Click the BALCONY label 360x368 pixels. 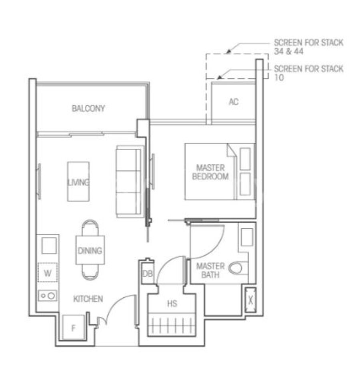pyautogui.click(x=88, y=108)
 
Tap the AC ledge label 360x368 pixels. pyautogui.click(x=234, y=102)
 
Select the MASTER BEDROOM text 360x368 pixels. pyautogui.click(x=210, y=172)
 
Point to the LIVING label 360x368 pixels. pyautogui.click(x=78, y=182)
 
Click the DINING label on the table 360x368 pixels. pyautogui.click(x=90, y=251)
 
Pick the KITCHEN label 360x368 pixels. pyautogui.click(x=88, y=299)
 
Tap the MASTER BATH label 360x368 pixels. pyautogui.click(x=210, y=271)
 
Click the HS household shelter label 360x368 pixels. pyautogui.click(x=172, y=304)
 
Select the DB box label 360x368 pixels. pyautogui.click(x=148, y=273)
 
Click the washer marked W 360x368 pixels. pyautogui.click(x=48, y=273)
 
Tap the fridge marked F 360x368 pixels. pyautogui.click(x=73, y=328)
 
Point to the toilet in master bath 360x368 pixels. pyautogui.click(x=238, y=268)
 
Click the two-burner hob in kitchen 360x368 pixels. pyautogui.click(x=48, y=296)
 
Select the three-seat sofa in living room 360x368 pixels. pyautogui.click(x=130, y=182)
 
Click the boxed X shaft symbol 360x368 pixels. pyautogui.click(x=250, y=300)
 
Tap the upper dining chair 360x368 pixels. pyautogui.click(x=90, y=228)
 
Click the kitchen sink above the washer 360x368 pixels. pyautogui.click(x=49, y=245)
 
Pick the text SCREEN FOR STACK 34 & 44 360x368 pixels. pyautogui.click(x=308, y=47)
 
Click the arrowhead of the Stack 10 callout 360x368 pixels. pyautogui.click(x=220, y=77)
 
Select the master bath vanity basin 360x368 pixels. pyautogui.click(x=247, y=237)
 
